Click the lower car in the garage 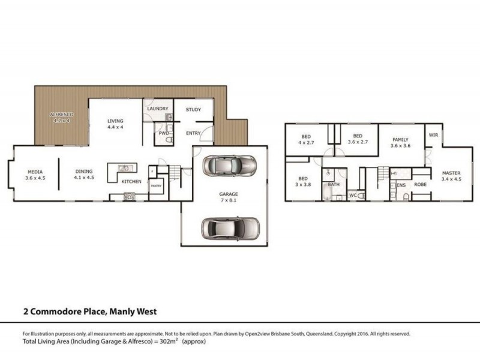(230, 227)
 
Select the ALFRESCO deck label (60, 117)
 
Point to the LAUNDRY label (157, 109)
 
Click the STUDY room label (193, 110)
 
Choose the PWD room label (163, 133)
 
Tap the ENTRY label (193, 133)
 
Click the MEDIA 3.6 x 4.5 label (36, 175)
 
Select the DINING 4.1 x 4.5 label (83, 175)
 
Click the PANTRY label (156, 186)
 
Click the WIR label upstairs (433, 136)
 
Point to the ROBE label (420, 184)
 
